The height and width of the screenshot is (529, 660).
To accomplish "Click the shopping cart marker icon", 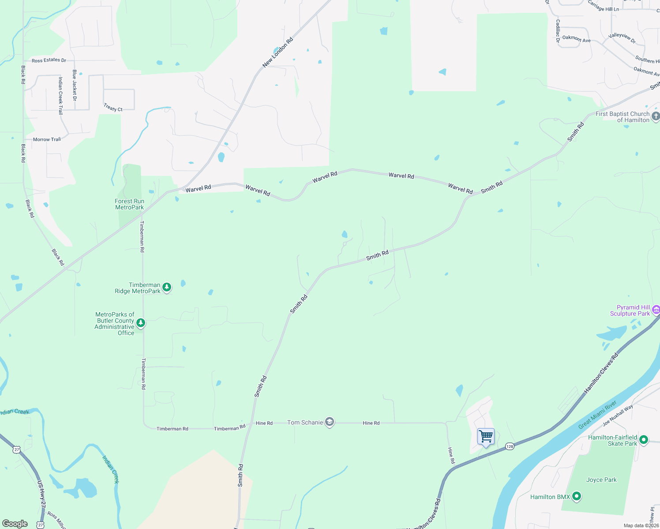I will (486, 436).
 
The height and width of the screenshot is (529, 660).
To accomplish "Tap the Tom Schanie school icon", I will (329, 422).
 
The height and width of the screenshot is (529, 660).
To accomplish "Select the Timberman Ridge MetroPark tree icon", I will (167, 287).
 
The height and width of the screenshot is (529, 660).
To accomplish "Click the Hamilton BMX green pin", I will (576, 497).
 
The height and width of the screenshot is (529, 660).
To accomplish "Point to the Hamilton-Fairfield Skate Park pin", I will (644, 440).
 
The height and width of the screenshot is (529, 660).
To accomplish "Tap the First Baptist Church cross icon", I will (656, 116).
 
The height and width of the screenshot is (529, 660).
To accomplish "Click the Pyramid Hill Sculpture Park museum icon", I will (656, 310).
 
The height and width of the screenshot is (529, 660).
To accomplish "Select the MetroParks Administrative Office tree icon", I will (141, 323).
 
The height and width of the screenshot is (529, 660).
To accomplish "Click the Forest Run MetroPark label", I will (129, 204).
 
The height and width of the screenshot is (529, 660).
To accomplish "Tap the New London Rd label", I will (277, 52).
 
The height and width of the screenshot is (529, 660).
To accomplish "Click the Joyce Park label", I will (601, 480).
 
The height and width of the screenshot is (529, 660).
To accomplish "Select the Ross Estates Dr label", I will (49, 60).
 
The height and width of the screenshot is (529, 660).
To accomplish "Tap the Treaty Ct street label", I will (113, 108).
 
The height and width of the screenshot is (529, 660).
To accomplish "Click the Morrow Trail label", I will (47, 139).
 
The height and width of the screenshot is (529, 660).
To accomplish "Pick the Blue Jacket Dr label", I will (75, 85).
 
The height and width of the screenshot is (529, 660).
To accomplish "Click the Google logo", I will (15, 524).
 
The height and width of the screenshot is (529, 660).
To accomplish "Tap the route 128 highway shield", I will (510, 447).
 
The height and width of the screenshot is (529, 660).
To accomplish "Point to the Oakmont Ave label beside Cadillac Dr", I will (576, 39).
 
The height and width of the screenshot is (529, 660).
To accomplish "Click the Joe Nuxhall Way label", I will (618, 415).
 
